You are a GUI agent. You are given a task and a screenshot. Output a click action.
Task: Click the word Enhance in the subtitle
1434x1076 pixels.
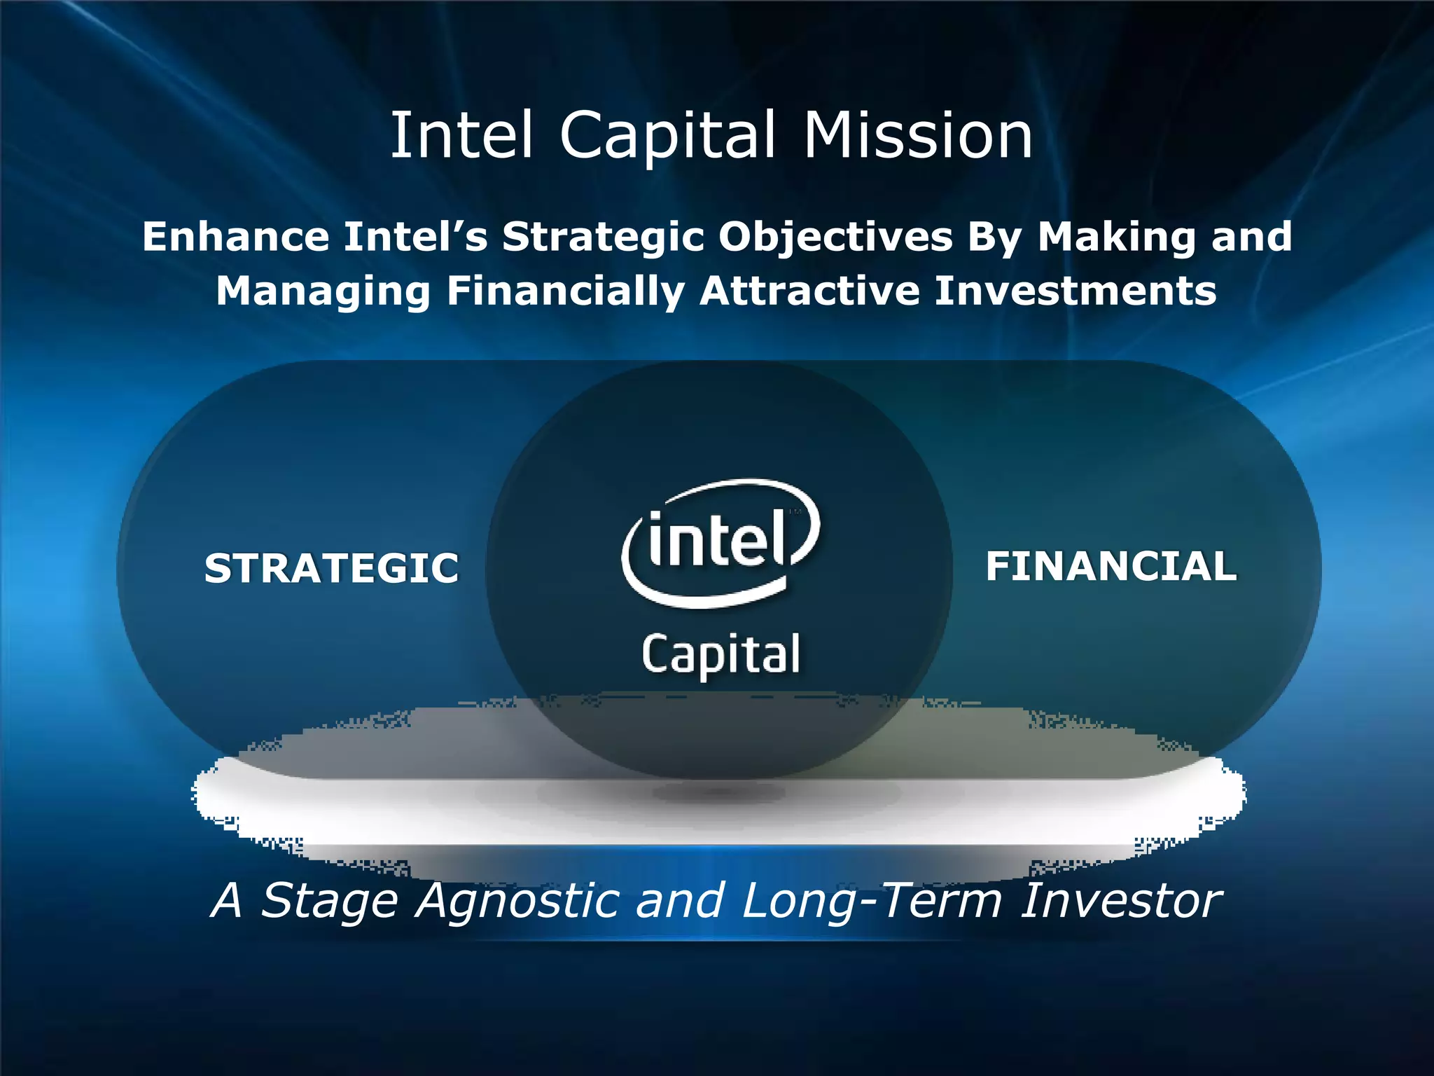tap(235, 236)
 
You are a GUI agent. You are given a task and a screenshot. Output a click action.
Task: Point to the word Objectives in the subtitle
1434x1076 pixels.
tap(835, 237)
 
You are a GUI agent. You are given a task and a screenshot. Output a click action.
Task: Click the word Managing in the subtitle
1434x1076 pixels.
tap(323, 291)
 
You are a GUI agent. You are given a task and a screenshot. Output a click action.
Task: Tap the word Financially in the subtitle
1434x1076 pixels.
tap(566, 291)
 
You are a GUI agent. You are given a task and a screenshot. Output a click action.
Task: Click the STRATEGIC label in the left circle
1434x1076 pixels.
tap(331, 567)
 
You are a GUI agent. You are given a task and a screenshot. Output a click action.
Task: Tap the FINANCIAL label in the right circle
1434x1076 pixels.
tap(1111, 566)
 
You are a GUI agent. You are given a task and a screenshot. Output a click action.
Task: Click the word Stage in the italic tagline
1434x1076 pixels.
tap(330, 901)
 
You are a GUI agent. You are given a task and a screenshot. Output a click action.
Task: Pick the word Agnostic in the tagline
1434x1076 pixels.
tap(517, 901)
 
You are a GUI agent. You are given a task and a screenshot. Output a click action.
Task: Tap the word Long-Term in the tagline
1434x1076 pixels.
tap(872, 901)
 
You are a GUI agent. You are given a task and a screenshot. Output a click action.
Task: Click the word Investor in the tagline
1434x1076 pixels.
tap(1121, 900)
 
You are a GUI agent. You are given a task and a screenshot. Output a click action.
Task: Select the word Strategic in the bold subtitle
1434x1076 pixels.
tap(603, 237)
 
